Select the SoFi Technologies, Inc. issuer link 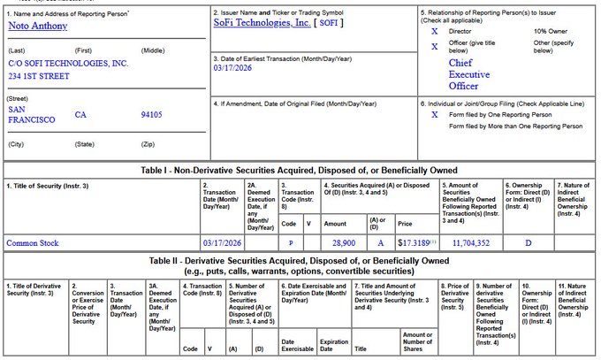[x=262, y=23]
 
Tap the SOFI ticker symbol [x=329, y=23]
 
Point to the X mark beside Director [x=434, y=31]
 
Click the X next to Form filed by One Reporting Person [x=434, y=114]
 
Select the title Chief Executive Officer [x=468, y=75]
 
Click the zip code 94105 [x=151, y=115]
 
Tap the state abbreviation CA [x=80, y=115]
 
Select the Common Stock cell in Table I [x=34, y=241]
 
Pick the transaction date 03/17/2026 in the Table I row [x=222, y=241]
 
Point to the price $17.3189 [x=415, y=241]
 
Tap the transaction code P [x=291, y=241]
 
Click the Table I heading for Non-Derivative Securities [x=300, y=169]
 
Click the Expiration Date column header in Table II [x=333, y=344]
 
